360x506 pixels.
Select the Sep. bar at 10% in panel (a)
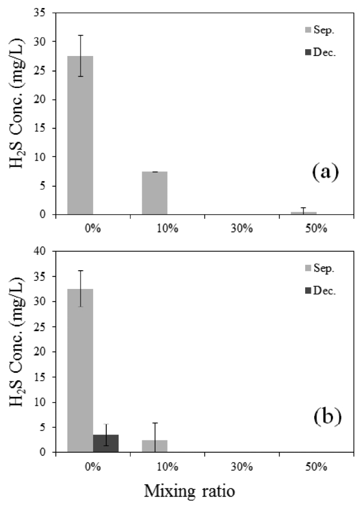[x=155, y=193]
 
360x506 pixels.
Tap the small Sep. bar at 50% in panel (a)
[x=304, y=213]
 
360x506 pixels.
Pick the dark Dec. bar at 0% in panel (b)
[x=106, y=443]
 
